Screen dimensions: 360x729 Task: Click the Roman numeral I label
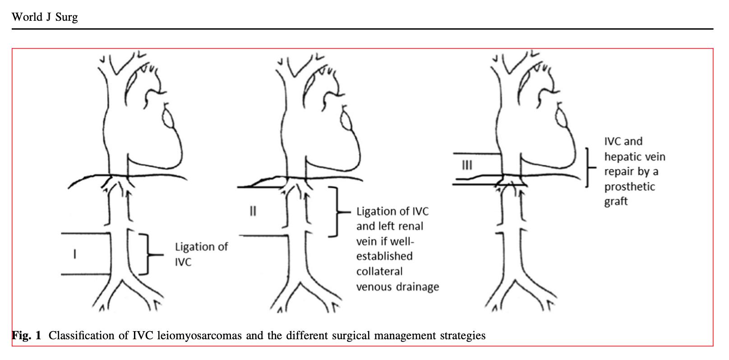coord(75,254)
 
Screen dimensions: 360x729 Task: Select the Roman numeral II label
coord(253,211)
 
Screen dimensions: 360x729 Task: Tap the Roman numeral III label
coord(467,165)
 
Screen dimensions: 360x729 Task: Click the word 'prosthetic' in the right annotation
coord(629,187)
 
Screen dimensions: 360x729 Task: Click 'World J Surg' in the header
coord(45,17)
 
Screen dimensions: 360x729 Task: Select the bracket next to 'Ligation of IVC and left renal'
coord(336,211)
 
